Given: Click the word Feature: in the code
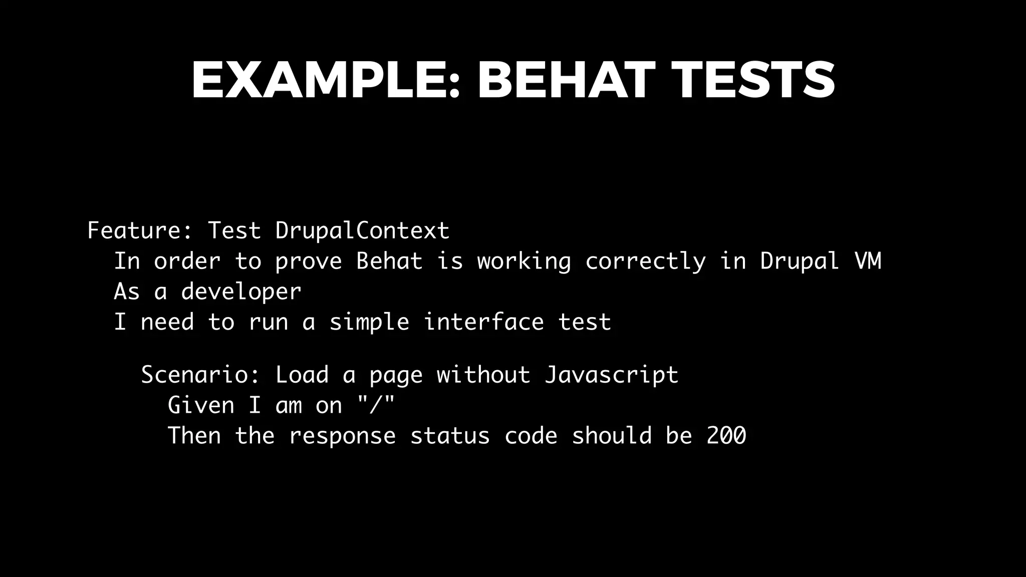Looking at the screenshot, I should [x=140, y=230].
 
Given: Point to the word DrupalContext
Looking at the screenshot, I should [x=362, y=230].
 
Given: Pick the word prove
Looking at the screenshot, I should [x=309, y=261].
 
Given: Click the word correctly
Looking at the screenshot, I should [x=645, y=261].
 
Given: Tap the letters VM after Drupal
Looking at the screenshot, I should [x=867, y=261].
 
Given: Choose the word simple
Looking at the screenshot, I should [x=369, y=322].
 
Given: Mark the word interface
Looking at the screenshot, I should [x=483, y=322].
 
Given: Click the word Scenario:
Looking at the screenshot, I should [x=200, y=375].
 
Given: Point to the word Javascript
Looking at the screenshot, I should [x=611, y=375].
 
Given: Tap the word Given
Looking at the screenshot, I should [x=201, y=405].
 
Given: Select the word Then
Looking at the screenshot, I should [x=194, y=435].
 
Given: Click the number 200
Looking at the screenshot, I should [x=726, y=435].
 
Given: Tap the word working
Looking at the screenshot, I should [x=524, y=261].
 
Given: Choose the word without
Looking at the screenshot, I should [x=483, y=375].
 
